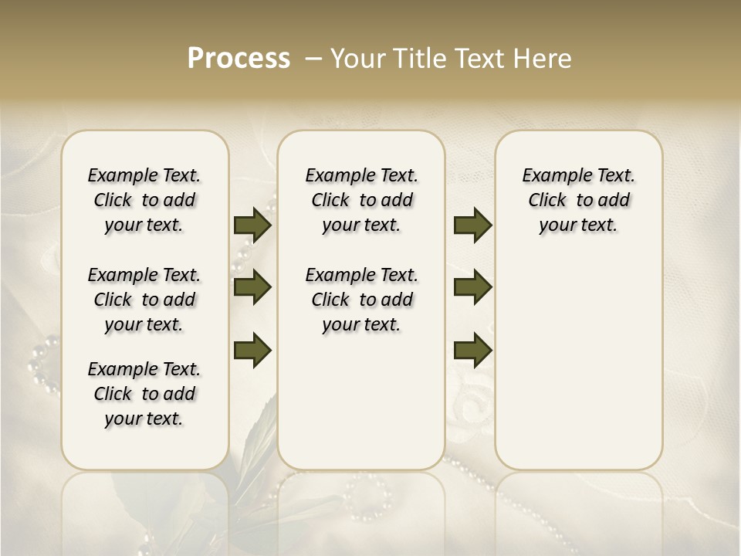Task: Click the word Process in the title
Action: [239, 59]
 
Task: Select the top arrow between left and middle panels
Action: [252, 225]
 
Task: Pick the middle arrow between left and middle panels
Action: [252, 287]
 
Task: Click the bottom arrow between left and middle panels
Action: [252, 350]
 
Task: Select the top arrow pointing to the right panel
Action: [472, 225]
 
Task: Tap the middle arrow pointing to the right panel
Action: [472, 287]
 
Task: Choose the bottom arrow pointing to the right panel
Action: [472, 350]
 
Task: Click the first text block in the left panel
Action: [144, 200]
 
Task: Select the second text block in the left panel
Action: [144, 300]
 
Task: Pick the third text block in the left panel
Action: [144, 394]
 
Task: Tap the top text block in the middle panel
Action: [361, 200]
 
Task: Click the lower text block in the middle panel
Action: [361, 300]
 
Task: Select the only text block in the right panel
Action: [578, 200]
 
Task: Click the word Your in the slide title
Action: [359, 59]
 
